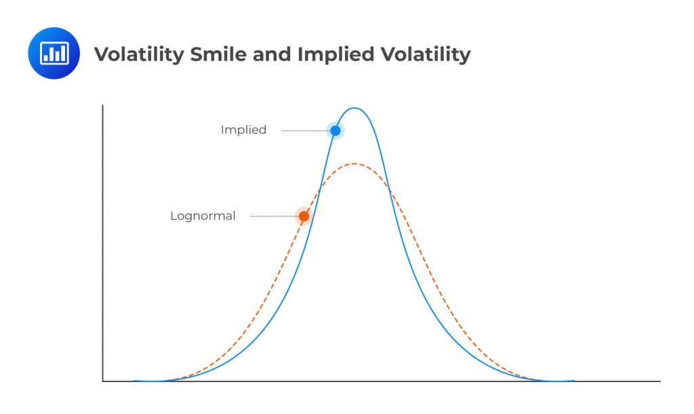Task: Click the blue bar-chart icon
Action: (x=54, y=53)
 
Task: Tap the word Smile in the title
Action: (x=216, y=54)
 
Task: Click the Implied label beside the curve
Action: (x=243, y=130)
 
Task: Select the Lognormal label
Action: (x=203, y=217)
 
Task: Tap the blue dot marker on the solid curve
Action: (x=335, y=130)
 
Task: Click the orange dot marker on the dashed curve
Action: (x=304, y=217)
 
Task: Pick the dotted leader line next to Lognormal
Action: (x=274, y=217)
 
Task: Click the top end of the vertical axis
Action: (x=103, y=107)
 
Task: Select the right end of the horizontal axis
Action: (x=659, y=381)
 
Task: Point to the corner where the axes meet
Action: (x=103, y=381)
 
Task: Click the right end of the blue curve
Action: (x=573, y=381)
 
